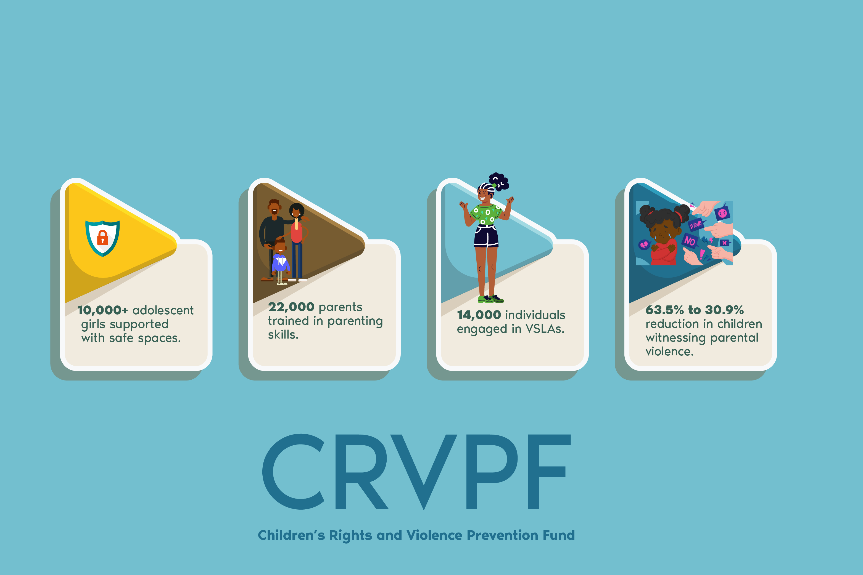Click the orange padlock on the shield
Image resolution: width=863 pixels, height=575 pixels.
click(x=102, y=238)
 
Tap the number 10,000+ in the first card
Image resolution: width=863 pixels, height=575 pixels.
click(x=103, y=310)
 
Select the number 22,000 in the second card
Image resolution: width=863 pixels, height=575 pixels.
click(x=291, y=307)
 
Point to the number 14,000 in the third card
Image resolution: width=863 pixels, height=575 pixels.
click(x=479, y=315)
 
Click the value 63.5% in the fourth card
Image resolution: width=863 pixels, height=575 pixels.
click(x=665, y=310)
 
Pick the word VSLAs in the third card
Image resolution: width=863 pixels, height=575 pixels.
click(x=545, y=329)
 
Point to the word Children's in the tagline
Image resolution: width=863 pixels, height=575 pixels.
click(x=291, y=535)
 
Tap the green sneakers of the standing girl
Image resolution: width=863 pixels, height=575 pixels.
click(x=491, y=299)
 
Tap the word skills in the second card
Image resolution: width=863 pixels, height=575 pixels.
click(x=283, y=334)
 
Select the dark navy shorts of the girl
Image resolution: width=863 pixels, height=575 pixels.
click(x=486, y=236)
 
